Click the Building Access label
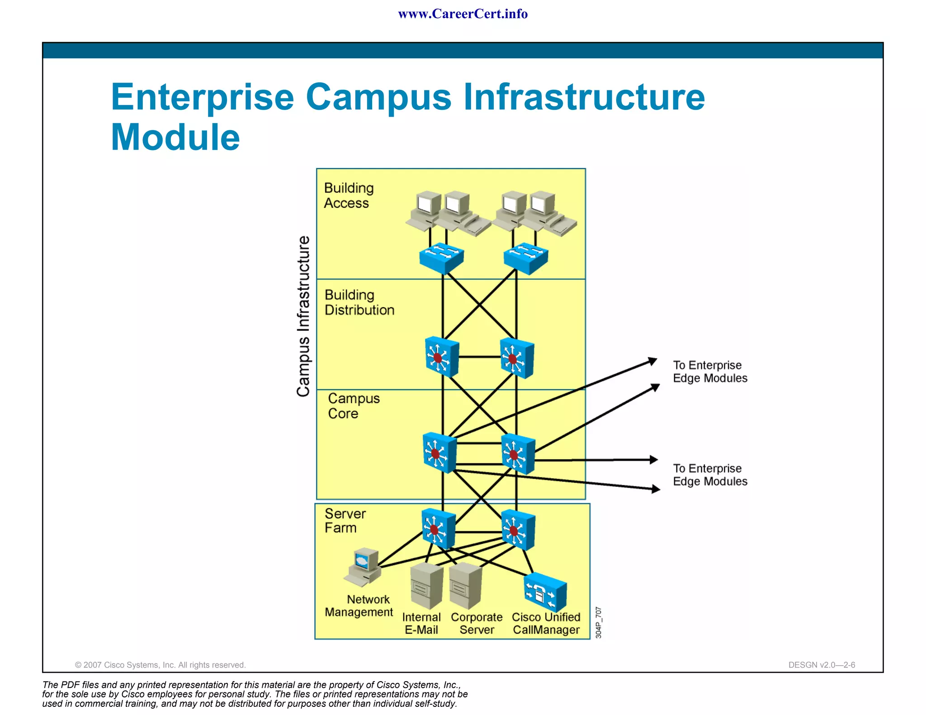349,195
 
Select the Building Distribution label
359,302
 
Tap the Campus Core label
354,406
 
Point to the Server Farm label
345,521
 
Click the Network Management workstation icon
364,567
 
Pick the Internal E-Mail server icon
426,585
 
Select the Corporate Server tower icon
465,586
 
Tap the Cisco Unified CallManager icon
545,593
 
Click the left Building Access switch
441,258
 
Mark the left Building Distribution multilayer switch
442,357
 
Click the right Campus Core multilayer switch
518,454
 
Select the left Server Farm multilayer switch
438,528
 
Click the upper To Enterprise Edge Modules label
710,372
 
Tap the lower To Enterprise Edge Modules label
710,475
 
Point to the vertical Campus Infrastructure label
303,316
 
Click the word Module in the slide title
175,137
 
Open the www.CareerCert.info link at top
463,14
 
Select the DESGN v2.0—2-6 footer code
822,665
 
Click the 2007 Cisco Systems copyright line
161,665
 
